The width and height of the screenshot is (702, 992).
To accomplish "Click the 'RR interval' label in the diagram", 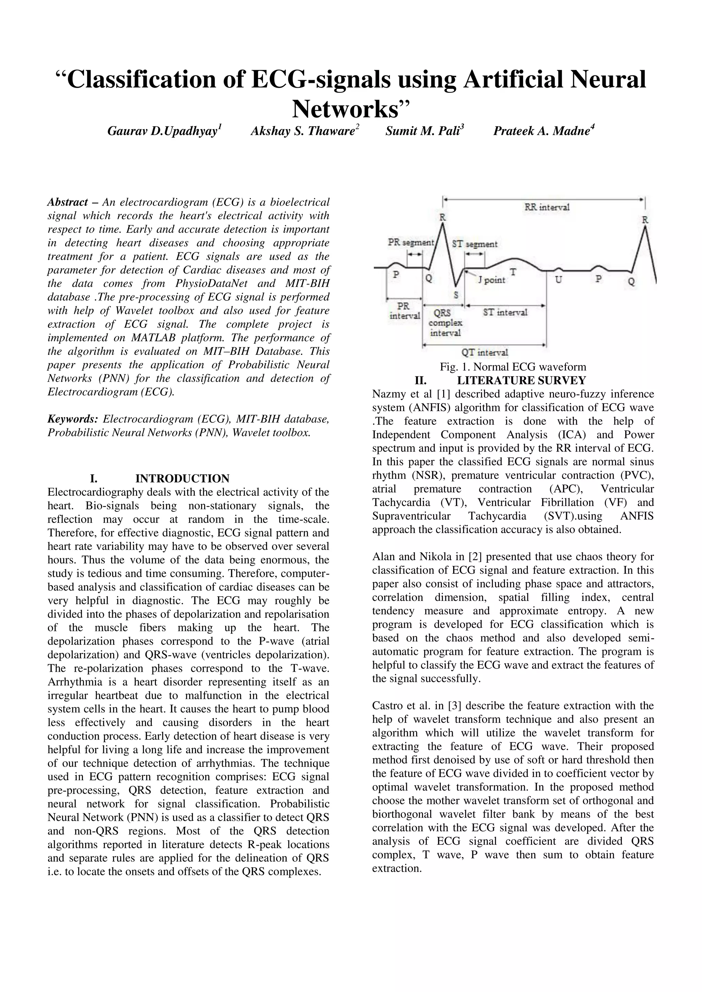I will [x=547, y=207].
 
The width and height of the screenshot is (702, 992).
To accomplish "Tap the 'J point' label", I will [x=492, y=280].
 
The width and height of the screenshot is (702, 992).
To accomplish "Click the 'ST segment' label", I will [x=475, y=244].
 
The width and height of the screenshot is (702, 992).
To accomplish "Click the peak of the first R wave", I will [x=443, y=225].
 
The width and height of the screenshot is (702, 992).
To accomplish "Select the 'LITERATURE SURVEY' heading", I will [x=521, y=380].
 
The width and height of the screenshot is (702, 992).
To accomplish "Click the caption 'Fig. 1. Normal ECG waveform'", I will [x=513, y=367].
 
